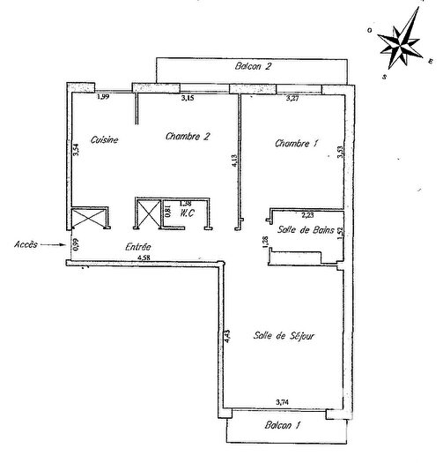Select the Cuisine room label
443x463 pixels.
click(104, 139)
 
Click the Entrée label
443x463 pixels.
click(137, 247)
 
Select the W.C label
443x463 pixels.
click(186, 213)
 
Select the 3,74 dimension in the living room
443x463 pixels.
click(283, 402)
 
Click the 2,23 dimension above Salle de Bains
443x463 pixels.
click(308, 214)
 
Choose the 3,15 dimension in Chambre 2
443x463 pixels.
click(188, 98)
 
